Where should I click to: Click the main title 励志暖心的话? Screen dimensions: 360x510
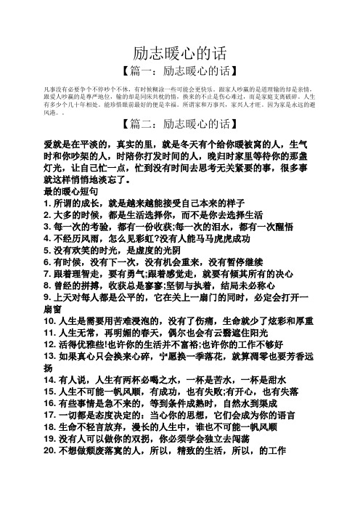(181, 52)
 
